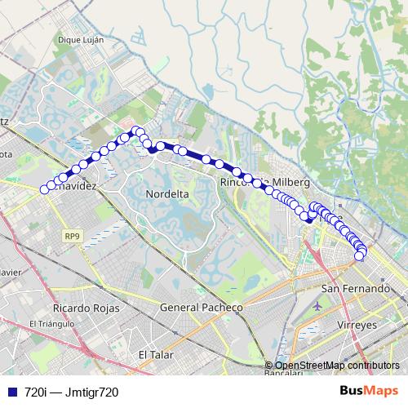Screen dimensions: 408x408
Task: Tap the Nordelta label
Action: point(166,194)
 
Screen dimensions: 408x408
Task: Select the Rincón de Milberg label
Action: point(256,183)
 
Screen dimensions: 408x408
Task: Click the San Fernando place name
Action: point(355,289)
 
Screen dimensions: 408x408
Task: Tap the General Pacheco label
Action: point(201,308)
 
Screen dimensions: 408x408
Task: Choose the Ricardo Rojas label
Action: point(86,308)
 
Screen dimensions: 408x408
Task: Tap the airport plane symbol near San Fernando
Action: point(317,306)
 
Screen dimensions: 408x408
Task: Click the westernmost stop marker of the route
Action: point(45,189)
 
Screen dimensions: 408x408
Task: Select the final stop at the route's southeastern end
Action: point(358,257)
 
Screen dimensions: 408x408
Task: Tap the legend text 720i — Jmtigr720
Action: point(72,392)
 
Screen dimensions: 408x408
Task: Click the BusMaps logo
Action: point(369,392)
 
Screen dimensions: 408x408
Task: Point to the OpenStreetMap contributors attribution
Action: point(337,366)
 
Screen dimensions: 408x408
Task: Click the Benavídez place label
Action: point(77,186)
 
